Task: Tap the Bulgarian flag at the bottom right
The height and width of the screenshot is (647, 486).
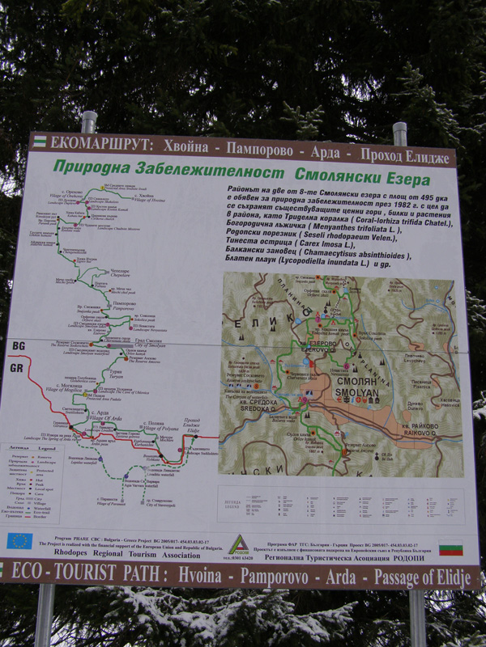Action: pos(450,548)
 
